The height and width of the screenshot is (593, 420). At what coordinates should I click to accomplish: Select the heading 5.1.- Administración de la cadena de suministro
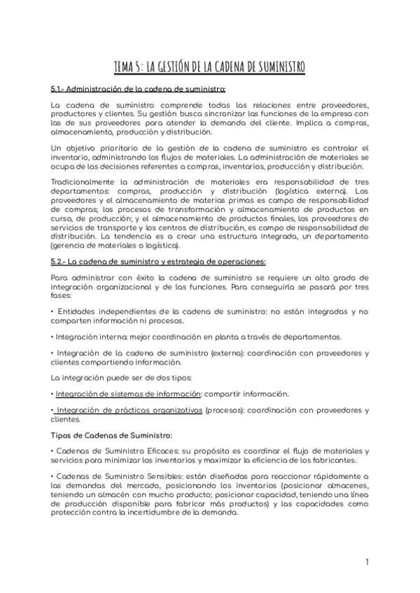click(138, 90)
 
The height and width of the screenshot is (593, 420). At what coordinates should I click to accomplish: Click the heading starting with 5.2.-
click(158, 262)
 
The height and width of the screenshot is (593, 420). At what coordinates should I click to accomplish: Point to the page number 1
click(367, 562)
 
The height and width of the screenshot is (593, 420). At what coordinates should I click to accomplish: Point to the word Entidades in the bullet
click(78, 310)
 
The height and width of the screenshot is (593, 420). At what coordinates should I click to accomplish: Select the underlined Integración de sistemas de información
click(128, 394)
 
